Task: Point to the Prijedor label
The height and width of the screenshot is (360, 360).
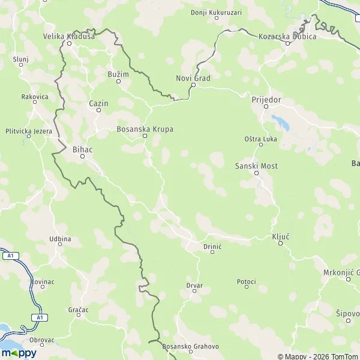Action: [x=266, y=100]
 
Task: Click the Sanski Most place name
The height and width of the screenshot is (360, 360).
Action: [x=256, y=166]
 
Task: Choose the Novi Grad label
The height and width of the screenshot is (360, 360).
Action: [x=193, y=77]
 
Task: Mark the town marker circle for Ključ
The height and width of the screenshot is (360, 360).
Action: [x=280, y=244]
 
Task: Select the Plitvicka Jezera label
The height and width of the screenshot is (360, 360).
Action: [x=28, y=131]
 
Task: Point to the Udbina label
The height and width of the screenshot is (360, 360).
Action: [x=60, y=239]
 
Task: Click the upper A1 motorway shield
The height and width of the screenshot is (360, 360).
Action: [x=10, y=256]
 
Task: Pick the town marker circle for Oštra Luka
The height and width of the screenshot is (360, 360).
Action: [x=261, y=145]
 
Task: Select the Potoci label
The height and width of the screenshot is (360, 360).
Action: [x=246, y=281]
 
